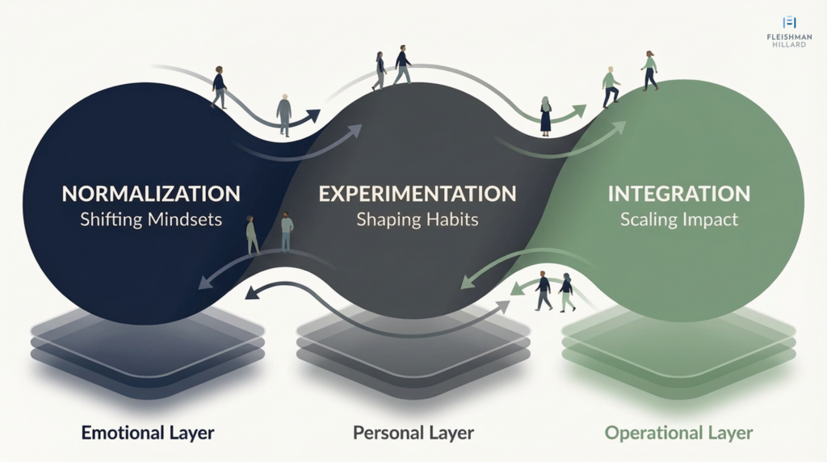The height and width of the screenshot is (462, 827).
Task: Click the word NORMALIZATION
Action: click(x=151, y=194)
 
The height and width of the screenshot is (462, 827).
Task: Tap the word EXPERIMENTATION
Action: click(x=417, y=194)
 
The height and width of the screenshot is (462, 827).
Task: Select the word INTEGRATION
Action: click(x=678, y=194)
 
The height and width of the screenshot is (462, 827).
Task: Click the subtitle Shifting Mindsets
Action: click(x=151, y=220)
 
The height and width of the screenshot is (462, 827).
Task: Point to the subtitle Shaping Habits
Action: click(x=418, y=220)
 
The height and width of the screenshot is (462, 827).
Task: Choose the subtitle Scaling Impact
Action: click(x=678, y=220)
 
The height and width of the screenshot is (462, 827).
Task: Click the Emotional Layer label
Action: click(x=148, y=433)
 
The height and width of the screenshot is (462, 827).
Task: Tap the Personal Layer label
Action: click(x=413, y=433)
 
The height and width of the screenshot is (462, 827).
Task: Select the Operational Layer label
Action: click(x=678, y=433)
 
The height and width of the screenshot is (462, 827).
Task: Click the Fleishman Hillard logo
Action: click(x=789, y=31)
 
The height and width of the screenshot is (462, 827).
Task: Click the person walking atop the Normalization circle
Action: click(x=219, y=86)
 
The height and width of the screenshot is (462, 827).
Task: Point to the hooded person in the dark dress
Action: click(x=546, y=115)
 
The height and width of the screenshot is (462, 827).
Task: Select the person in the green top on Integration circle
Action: click(x=649, y=70)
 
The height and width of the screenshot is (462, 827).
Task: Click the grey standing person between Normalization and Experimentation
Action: click(x=283, y=114)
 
